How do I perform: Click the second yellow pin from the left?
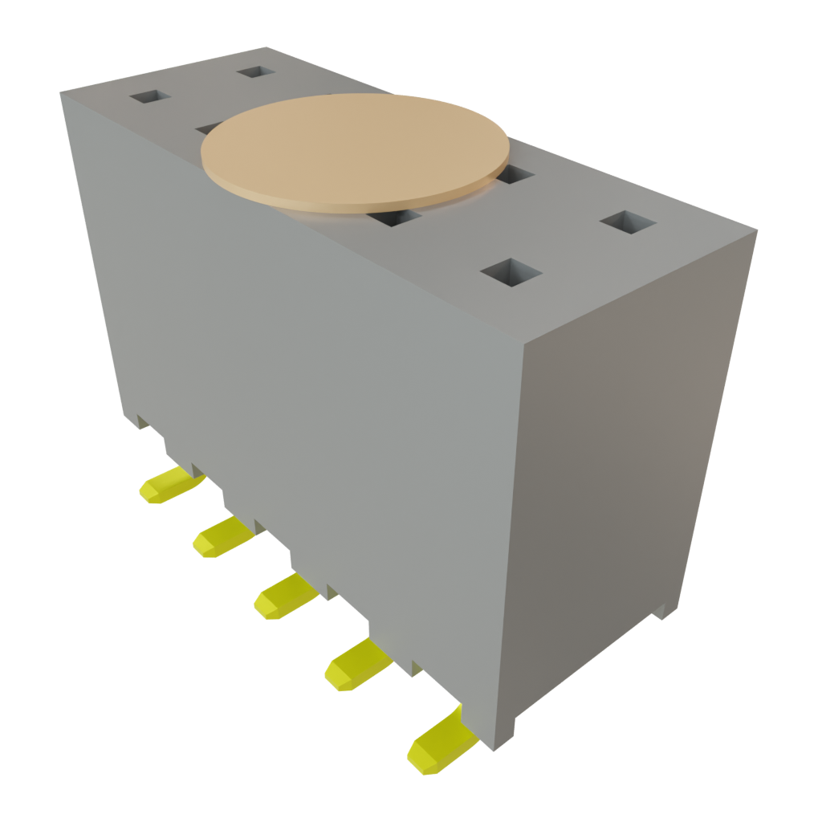pos(221,536)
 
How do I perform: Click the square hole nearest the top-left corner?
pos(150,97)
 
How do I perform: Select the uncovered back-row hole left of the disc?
pos(256,71)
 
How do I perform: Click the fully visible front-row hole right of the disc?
pos(511,273)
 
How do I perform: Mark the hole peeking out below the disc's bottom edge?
pos(396,217)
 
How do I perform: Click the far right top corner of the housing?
pos(757,232)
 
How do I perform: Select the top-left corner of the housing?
pos(61,93)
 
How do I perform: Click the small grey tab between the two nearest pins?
pos(416,668)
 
